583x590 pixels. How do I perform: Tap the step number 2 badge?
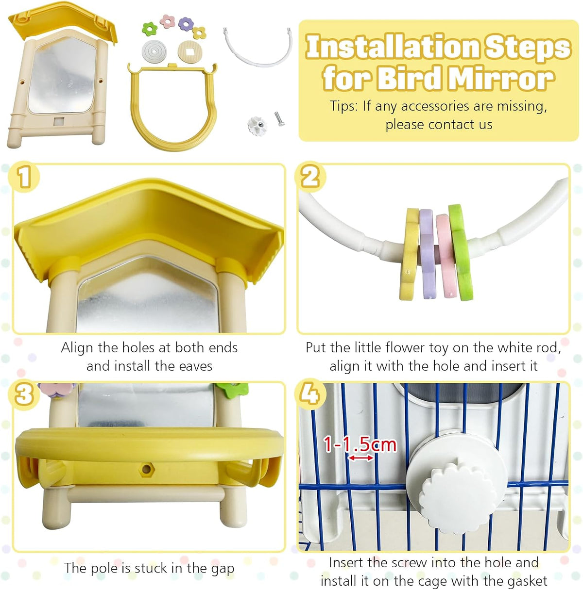310,177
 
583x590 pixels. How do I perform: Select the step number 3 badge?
24,394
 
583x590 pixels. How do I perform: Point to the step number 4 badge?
310,394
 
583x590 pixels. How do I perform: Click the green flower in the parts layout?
150,29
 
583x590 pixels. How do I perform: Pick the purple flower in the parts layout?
186,24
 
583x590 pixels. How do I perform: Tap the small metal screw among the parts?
279,118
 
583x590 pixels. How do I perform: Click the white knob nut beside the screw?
257,125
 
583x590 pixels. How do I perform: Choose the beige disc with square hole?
190,51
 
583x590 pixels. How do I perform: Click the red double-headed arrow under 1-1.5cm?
361,458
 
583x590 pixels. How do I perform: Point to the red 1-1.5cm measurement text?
360,444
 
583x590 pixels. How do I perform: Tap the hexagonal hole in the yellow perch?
146,468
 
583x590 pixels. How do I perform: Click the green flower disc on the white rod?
460,252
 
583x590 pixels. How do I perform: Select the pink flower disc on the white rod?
446,256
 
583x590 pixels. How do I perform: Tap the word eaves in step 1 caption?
195,366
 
